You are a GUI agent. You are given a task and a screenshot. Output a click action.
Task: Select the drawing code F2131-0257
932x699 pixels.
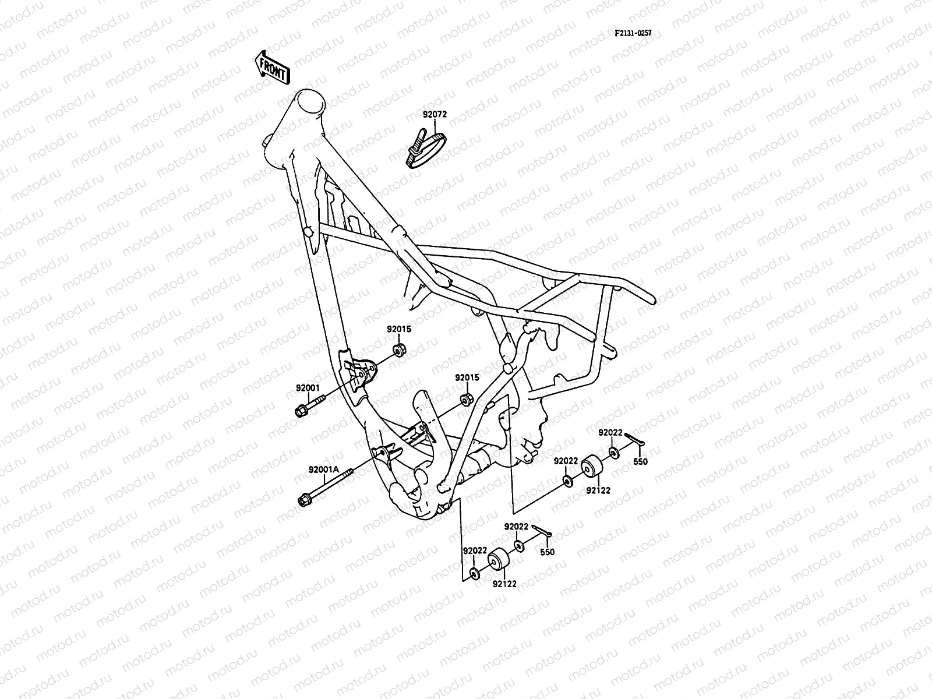(x=633, y=33)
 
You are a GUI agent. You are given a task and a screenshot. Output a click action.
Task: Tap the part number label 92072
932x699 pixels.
(x=435, y=115)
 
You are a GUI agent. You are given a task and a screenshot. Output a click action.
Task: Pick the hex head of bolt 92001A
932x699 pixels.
(x=304, y=500)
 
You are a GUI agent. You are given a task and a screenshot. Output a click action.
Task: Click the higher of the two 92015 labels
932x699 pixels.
(x=399, y=329)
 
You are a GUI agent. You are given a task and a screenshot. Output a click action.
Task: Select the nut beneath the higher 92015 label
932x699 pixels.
(x=400, y=350)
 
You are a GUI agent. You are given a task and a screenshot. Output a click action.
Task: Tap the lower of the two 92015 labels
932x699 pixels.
(x=467, y=377)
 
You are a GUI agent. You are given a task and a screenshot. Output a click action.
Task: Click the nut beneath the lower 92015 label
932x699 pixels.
(x=467, y=400)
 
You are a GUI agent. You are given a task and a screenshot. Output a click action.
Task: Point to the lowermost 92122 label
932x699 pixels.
(x=504, y=582)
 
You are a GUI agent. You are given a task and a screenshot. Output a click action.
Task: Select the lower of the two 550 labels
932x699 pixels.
(x=547, y=552)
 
